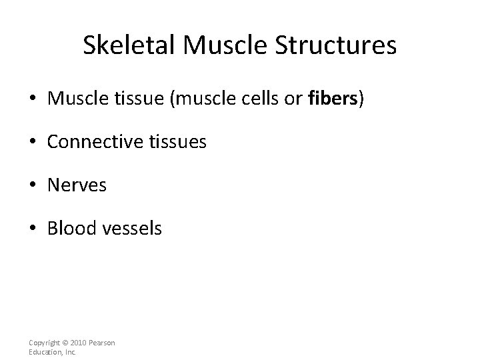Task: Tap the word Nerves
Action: (x=77, y=185)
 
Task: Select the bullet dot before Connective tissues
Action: (x=33, y=142)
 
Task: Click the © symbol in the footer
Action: (x=63, y=343)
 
